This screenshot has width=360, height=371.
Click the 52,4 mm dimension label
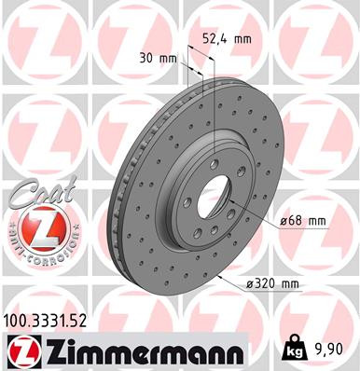pos(228,39)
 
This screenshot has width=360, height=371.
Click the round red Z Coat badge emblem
pos(32,227)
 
